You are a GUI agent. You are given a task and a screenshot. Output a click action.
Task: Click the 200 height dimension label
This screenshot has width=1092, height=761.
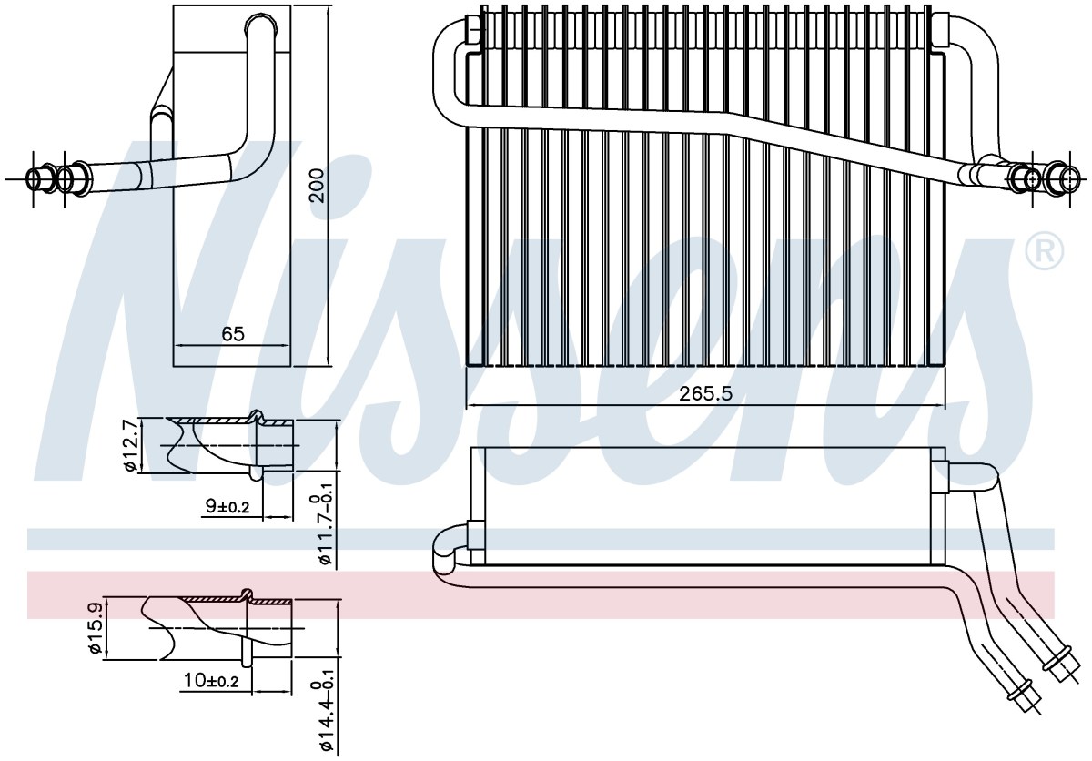[x=317, y=186]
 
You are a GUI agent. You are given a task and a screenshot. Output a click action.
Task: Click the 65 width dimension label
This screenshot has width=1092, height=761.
[x=233, y=334]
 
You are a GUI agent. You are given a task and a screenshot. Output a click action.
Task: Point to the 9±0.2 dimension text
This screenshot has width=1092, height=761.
[x=227, y=506]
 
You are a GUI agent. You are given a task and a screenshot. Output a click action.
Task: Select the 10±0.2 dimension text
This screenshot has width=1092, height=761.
[x=211, y=680]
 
